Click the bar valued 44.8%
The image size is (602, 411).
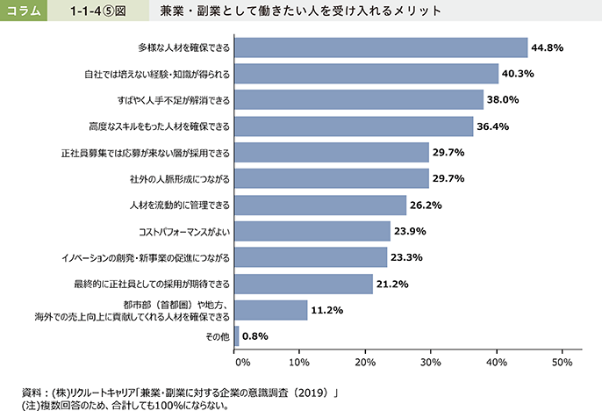point(381,47)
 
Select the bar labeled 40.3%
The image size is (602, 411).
point(366,74)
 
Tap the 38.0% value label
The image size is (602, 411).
point(504,100)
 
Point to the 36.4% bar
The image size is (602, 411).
point(354,126)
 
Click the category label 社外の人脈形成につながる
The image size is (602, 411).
point(179,179)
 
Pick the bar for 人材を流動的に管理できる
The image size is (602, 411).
point(320,205)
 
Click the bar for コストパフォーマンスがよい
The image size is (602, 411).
point(312,232)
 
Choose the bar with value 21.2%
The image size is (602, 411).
point(304,284)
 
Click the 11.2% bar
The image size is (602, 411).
point(271,310)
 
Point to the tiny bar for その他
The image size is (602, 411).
point(237,335)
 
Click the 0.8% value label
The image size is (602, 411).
point(254,336)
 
